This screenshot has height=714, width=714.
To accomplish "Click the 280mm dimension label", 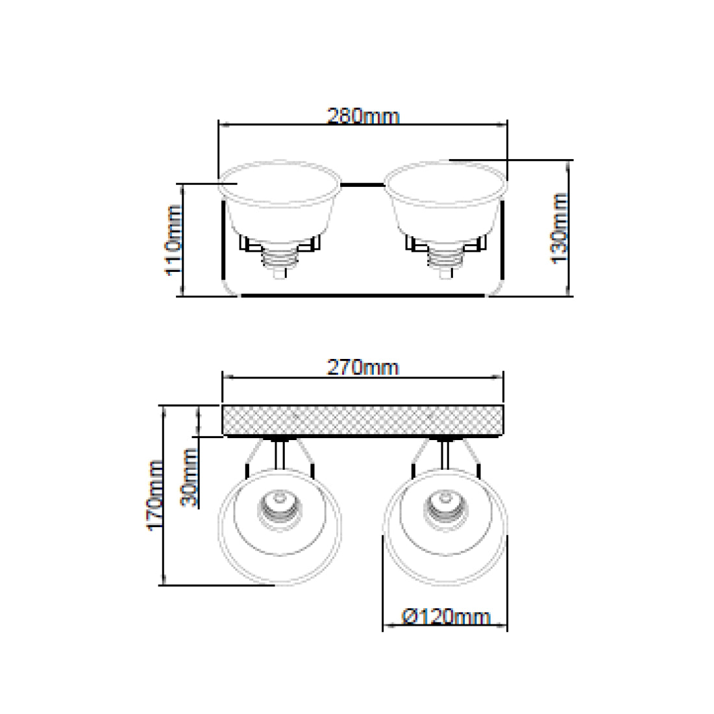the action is point(363,116).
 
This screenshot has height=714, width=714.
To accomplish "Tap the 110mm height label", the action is point(173,240).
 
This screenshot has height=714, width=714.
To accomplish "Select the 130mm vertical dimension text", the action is point(559,228).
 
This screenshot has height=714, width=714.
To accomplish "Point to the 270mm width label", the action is point(363,367).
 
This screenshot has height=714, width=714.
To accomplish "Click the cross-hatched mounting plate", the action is point(363,421).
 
